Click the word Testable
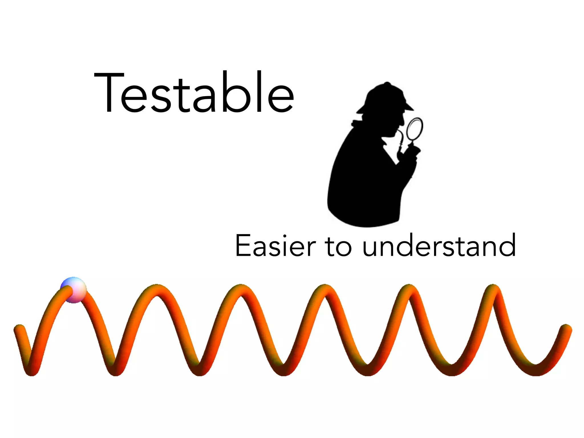(194, 93)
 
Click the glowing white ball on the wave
(74, 290)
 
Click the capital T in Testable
(109, 93)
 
